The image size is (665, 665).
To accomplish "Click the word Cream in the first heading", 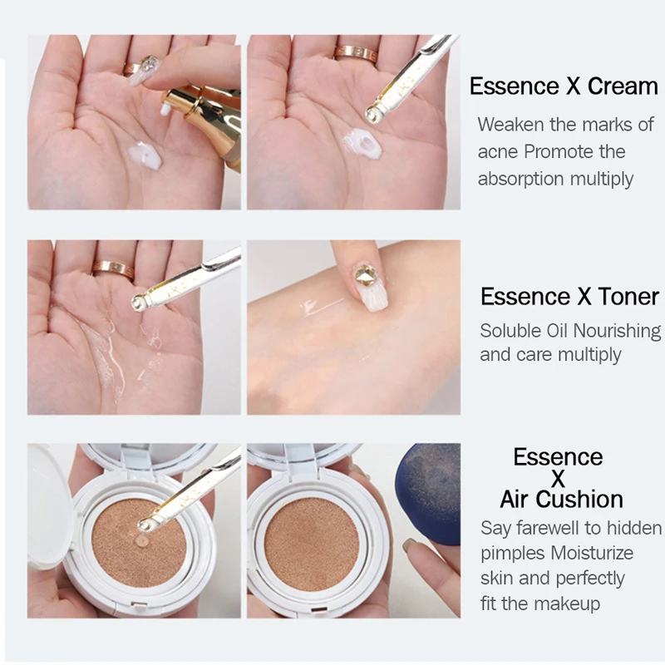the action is [622, 86].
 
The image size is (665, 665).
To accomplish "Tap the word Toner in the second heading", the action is [628, 296].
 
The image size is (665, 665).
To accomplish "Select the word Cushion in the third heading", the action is [579, 500].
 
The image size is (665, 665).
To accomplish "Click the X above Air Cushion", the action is [558, 479].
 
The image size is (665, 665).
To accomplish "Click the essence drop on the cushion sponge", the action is [142, 541].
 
